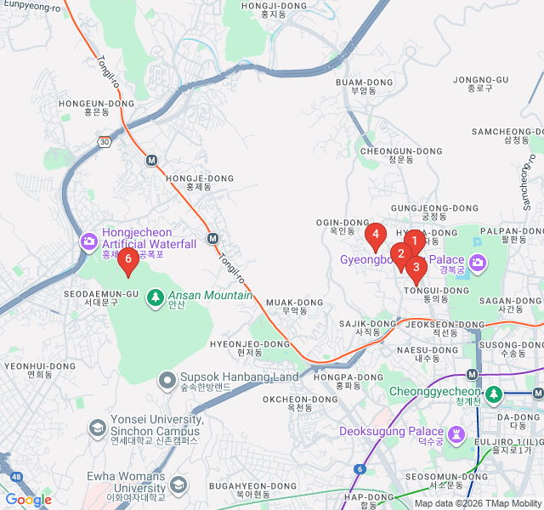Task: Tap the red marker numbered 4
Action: click(374, 233)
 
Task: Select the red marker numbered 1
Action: click(414, 241)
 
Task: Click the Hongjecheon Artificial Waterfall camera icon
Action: click(88, 242)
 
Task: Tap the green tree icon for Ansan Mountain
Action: click(155, 297)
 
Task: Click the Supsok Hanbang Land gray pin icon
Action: click(167, 378)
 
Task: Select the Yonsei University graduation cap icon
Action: click(98, 426)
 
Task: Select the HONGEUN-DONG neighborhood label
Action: click(96, 103)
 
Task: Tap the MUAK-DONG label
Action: click(294, 303)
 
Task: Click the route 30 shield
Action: click(104, 140)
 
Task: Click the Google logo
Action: click(28, 500)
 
